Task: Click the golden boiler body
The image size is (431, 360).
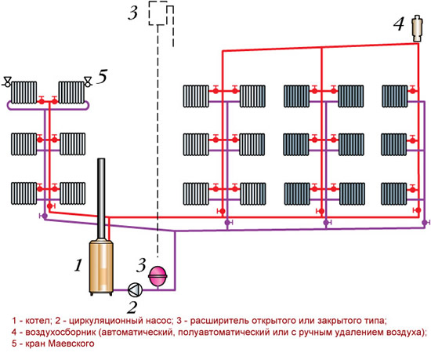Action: (101, 266)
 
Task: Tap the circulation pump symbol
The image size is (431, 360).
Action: (136, 289)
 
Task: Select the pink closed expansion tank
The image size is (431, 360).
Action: (158, 276)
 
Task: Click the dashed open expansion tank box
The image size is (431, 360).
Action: (158, 13)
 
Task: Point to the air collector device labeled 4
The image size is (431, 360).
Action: (417, 28)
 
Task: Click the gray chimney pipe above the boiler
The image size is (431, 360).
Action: (101, 198)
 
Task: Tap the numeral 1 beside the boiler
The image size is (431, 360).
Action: (78, 265)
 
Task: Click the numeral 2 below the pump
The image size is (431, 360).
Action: (132, 307)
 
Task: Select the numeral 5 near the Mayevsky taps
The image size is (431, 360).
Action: (102, 76)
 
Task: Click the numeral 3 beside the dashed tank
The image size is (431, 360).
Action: (132, 13)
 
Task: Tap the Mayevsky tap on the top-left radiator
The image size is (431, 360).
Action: (7, 82)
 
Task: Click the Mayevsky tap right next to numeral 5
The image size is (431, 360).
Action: (88, 82)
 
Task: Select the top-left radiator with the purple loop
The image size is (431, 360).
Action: (24, 92)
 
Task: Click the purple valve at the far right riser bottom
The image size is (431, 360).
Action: (426, 222)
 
